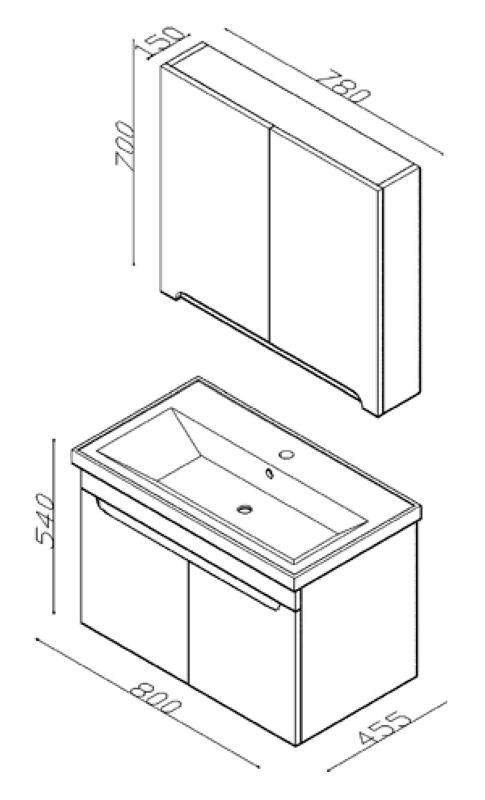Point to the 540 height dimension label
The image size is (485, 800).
(45, 520)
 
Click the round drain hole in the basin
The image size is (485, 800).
(245, 508)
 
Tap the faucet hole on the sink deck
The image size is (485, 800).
(286, 454)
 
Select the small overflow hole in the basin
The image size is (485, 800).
(269, 473)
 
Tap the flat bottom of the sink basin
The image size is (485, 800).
(262, 507)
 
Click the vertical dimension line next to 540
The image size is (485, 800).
(53, 526)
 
